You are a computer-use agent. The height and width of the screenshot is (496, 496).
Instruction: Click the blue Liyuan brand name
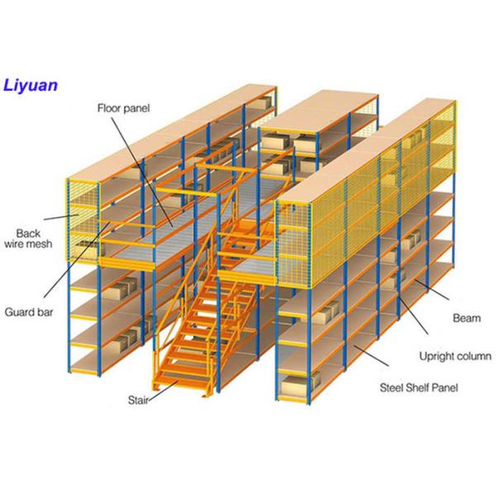click(31, 86)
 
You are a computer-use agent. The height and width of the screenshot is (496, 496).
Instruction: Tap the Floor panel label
click(123, 108)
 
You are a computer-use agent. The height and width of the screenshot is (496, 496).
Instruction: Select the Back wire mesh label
click(28, 239)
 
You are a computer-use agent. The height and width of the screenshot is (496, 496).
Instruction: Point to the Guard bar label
click(29, 312)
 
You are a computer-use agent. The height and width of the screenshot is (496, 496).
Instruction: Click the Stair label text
click(138, 400)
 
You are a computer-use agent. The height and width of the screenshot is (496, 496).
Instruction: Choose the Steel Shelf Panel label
click(419, 388)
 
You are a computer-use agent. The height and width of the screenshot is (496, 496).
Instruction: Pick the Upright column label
click(455, 356)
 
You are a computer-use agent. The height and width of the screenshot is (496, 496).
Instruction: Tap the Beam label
click(466, 318)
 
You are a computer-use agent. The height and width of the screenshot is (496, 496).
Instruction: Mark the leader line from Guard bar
click(77, 260)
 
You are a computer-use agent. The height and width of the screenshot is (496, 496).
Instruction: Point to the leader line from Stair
click(163, 391)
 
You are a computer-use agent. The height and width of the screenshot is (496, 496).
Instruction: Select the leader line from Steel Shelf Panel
click(371, 355)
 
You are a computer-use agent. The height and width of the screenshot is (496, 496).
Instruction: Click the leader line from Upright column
click(414, 316)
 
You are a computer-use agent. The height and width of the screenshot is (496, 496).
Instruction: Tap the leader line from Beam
click(432, 289)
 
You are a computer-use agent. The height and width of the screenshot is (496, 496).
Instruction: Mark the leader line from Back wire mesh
click(61, 217)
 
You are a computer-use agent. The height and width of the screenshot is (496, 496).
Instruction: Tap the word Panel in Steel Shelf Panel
click(445, 388)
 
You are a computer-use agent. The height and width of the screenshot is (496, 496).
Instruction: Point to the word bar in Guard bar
click(45, 312)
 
